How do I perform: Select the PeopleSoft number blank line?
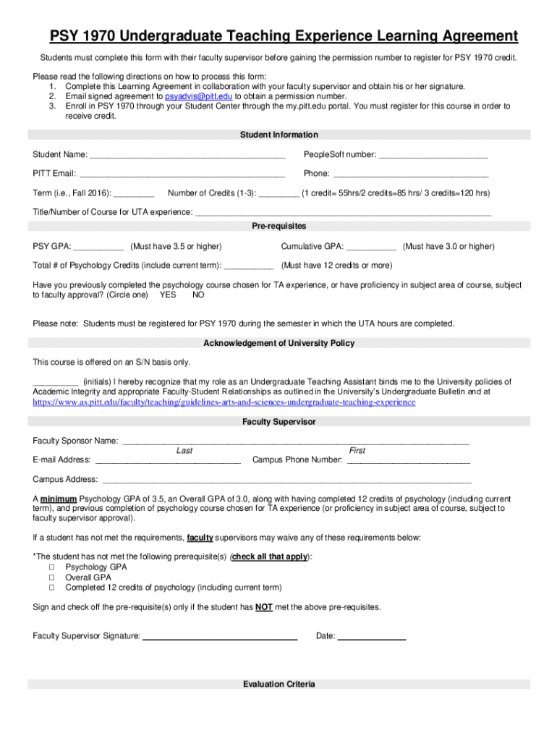tap(433, 155)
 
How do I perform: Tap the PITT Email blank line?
tap(182, 174)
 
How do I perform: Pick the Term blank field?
tap(134, 193)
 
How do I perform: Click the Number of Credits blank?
tap(278, 193)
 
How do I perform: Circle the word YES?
tap(168, 295)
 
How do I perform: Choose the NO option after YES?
tap(198, 295)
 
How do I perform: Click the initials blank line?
tap(55, 382)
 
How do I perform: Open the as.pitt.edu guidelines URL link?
tap(224, 402)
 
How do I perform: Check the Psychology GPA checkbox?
tap(52, 567)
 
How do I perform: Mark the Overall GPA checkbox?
tap(52, 577)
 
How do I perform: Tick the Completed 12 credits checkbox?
tap(52, 588)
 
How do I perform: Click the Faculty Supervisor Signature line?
tap(220, 637)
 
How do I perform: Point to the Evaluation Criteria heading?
tap(278, 685)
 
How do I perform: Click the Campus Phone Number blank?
tap(408, 460)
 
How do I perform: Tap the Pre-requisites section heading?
tap(278, 226)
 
